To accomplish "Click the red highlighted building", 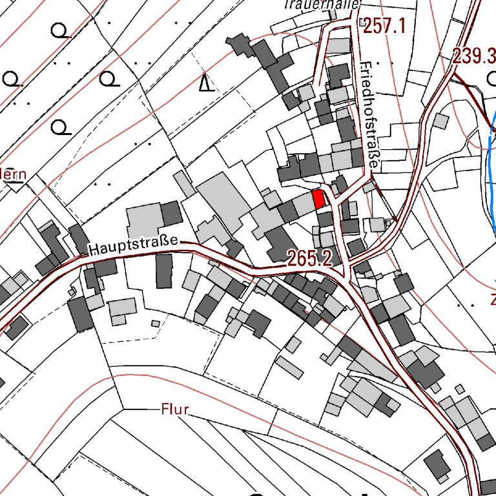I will click(318, 199).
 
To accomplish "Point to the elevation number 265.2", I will click(310, 259).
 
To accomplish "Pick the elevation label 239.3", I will click(473, 56).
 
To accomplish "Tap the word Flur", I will click(174, 409).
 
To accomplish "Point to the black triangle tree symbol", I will click(206, 83).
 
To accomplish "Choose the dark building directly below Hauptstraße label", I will click(164, 271).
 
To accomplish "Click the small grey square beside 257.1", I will click(337, 46).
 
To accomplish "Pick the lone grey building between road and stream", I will click(440, 121).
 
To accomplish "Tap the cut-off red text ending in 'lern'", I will click(13, 174).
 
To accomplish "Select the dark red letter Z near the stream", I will click(492, 300).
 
